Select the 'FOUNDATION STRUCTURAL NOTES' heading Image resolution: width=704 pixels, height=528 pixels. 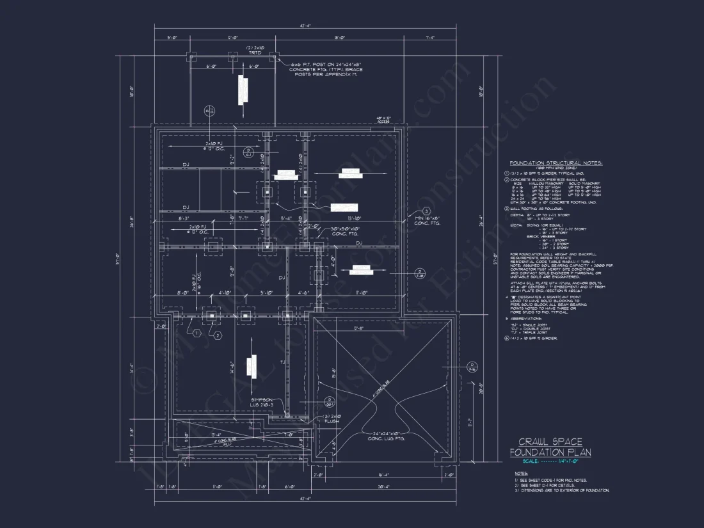click(556, 163)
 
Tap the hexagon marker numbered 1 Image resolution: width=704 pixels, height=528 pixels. click(196, 333)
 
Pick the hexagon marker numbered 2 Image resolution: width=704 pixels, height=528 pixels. click(218, 335)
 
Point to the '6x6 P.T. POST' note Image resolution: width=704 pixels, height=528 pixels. click(326, 70)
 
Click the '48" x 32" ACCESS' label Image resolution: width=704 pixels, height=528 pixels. click(384, 120)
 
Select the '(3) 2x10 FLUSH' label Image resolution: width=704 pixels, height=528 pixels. click(334, 419)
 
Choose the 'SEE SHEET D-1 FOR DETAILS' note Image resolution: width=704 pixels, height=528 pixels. click(550, 485)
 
